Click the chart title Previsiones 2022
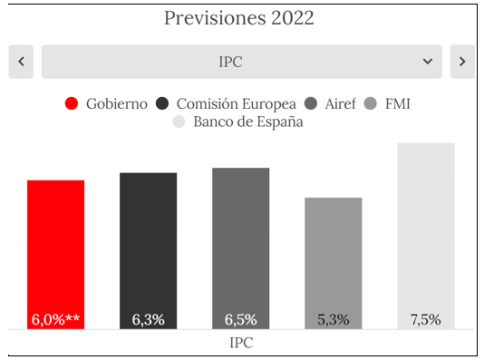coord(239,18)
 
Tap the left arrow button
coord(21,62)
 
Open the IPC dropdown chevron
coord(428,62)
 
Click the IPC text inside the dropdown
coord(230,62)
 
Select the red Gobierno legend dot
coord(72,103)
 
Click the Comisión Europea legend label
coord(237,104)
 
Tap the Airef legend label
coord(340,103)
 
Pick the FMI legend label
coord(398,103)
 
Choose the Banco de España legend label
coord(248,122)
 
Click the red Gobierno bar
coord(55,255)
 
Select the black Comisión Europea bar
coord(148,250)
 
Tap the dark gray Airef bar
coord(241,248)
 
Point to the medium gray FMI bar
coord(334,263)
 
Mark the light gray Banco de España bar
coord(426,236)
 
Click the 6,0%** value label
coord(55,319)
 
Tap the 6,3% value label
coord(148,319)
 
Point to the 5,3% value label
coord(334,319)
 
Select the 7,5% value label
coord(426,319)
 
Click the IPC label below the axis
coord(241,343)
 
